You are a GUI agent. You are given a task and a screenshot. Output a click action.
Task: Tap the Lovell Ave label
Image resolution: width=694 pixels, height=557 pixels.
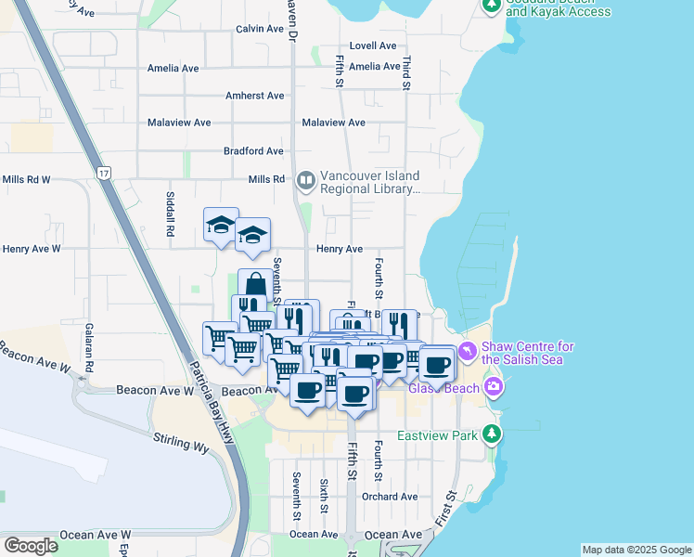(x=373, y=45)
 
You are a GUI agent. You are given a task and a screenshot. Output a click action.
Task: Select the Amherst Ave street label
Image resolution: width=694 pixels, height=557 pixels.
(x=255, y=96)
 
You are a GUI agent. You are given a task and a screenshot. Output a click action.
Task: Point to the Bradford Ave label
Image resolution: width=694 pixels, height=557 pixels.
(x=253, y=150)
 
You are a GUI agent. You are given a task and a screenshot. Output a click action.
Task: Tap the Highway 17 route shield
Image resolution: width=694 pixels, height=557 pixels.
(x=104, y=173)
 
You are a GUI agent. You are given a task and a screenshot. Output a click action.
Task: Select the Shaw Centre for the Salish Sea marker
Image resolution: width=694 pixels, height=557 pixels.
(x=467, y=351)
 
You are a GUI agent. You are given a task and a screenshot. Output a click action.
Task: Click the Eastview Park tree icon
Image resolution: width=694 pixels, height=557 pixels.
(x=492, y=434)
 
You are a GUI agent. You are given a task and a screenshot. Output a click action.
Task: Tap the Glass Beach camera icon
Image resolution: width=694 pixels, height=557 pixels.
(x=494, y=386)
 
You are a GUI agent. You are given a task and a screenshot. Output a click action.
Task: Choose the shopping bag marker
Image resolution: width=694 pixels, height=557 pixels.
(x=255, y=284)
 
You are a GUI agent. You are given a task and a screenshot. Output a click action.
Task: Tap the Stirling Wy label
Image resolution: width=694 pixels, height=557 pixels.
(x=178, y=439)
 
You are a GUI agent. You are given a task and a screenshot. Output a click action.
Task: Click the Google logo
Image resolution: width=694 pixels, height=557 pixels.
(x=31, y=545)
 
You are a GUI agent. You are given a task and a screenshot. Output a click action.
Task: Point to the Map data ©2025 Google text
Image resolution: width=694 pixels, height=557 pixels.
(x=636, y=550)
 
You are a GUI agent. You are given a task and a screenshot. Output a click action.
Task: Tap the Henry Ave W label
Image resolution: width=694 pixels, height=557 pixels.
(x=32, y=249)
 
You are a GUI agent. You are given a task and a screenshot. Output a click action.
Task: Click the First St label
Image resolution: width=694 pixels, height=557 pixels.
(x=449, y=507)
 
